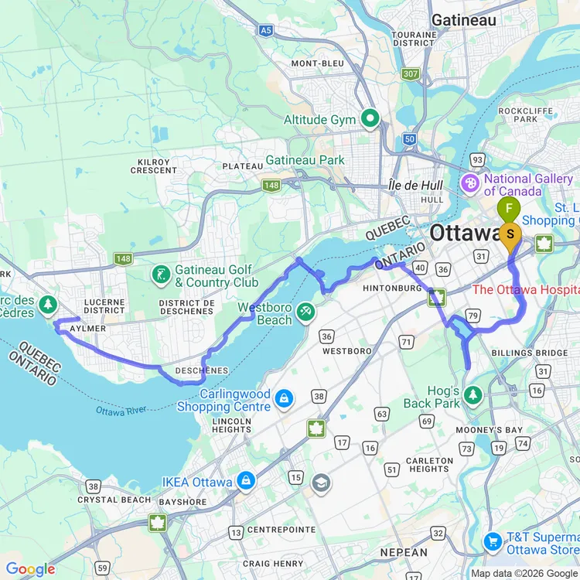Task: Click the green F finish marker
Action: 508,208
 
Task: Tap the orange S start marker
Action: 510,234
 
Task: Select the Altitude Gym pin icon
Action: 370,119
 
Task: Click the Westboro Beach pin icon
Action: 308,310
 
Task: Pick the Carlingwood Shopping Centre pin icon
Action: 285,397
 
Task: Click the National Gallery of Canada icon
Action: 469,185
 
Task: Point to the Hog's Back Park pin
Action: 473,396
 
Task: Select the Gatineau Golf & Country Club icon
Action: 161,275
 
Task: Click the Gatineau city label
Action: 463,20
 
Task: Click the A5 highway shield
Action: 267,31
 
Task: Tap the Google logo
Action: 31,570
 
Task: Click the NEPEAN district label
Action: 404,552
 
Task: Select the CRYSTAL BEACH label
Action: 113,500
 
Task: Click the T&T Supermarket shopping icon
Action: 492,541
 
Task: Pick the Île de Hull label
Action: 415,186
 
